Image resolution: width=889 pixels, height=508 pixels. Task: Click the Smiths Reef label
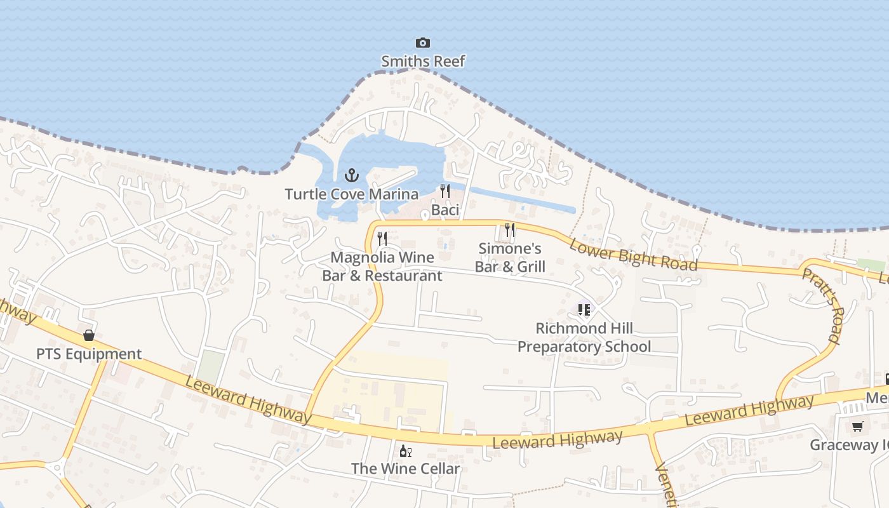423,62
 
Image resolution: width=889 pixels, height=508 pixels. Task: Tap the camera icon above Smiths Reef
423,43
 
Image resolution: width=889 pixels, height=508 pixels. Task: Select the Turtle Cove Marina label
351,194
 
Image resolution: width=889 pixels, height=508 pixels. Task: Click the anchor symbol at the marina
351,175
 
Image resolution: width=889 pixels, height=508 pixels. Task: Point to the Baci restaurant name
445,210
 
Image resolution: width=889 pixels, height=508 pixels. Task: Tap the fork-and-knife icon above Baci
445,190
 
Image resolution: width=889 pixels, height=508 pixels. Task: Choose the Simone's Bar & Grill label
510,257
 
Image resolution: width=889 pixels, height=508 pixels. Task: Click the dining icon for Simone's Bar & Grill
510,229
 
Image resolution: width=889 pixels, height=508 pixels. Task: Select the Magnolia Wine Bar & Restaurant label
382,267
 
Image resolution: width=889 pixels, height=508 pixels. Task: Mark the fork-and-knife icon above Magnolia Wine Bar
382,239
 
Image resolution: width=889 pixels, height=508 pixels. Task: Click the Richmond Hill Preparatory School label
584,337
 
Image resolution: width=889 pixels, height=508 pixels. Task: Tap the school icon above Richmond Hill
584,310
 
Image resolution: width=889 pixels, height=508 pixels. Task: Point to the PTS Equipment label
89,354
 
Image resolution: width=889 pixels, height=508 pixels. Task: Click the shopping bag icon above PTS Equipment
89,335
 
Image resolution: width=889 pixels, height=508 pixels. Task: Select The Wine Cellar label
405,469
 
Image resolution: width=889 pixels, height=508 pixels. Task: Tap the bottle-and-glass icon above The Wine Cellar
405,451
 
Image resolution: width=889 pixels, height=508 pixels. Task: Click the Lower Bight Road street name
633,255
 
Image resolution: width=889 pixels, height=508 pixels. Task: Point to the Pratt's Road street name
820,305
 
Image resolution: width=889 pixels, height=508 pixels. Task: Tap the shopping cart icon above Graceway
858,426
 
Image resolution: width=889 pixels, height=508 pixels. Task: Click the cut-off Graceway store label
849,445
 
